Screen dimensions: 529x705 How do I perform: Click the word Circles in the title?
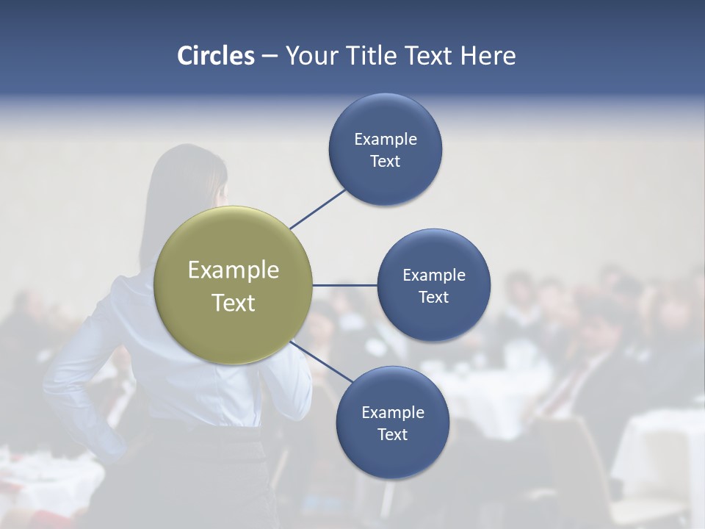(216, 56)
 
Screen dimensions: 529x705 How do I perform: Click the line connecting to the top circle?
(317, 209)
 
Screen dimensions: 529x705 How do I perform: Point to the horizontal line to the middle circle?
(344, 285)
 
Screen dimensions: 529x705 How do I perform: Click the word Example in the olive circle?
(234, 270)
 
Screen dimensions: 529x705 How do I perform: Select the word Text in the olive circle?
(234, 303)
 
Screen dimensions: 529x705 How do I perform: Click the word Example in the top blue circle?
(385, 139)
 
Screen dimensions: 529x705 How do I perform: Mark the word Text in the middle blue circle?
(433, 297)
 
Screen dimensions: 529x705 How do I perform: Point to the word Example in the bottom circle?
(392, 412)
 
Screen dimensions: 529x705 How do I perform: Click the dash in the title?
(270, 57)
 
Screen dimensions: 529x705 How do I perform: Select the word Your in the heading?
(307, 56)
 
